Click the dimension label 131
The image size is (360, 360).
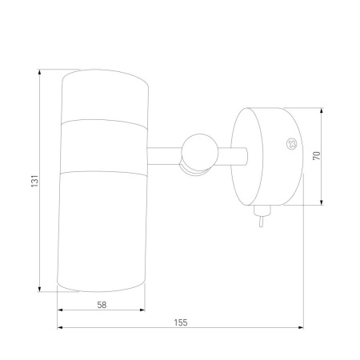click(x=35, y=181)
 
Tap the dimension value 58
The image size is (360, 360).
click(x=102, y=305)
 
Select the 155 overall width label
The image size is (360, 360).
click(x=181, y=322)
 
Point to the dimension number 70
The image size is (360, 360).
click(x=317, y=155)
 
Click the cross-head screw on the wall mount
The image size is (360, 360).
click(x=291, y=144)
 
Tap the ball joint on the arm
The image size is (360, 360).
click(x=199, y=153)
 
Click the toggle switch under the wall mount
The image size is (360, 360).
click(x=262, y=215)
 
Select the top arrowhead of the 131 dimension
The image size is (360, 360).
click(x=39, y=72)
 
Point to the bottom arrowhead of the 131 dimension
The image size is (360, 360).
click(x=39, y=289)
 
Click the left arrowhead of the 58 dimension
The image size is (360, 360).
click(x=60, y=310)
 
